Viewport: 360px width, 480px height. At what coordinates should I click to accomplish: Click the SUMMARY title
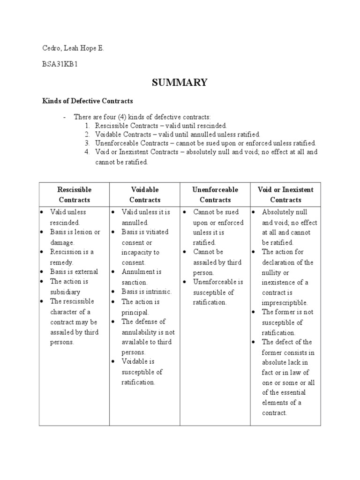180,82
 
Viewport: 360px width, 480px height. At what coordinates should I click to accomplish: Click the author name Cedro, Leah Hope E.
72,48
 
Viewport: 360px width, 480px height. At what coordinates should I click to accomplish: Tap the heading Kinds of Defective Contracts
88,101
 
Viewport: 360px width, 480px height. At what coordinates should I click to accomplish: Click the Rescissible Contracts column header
74,195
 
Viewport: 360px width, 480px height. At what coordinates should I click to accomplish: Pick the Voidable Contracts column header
145,195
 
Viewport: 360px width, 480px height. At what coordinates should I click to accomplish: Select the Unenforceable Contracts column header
215,195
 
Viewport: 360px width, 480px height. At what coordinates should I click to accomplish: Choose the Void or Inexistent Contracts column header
285,195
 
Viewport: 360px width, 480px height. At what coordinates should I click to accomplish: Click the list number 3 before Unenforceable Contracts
87,143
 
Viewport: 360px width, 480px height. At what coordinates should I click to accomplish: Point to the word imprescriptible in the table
285,303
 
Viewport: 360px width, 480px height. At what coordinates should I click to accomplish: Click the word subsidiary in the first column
65,292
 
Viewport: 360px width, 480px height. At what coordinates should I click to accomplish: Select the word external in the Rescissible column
85,272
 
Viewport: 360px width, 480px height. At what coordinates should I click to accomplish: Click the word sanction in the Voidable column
135,283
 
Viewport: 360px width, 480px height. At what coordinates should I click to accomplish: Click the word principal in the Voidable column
135,312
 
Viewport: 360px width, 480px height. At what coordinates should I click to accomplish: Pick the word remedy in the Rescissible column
61,262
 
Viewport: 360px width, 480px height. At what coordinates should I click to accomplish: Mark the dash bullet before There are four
65,117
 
